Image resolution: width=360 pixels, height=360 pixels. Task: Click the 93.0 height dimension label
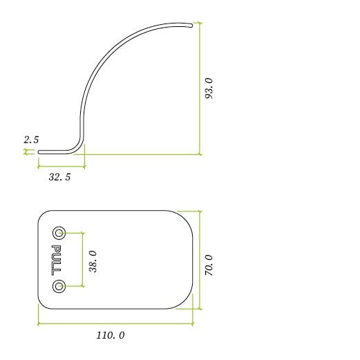(x=209, y=88)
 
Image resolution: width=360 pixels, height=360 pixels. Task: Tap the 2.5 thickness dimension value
(x=31, y=140)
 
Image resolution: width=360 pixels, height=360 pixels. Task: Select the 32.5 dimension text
(x=59, y=177)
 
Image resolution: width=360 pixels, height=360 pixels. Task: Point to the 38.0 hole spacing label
(x=93, y=262)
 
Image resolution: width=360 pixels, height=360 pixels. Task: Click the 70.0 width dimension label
(x=209, y=265)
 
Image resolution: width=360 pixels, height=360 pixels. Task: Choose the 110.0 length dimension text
(x=111, y=335)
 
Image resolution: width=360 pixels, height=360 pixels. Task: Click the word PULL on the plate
(x=56, y=260)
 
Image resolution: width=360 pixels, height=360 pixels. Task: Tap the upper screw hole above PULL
(x=59, y=233)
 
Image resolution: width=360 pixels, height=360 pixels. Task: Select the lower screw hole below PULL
(x=59, y=287)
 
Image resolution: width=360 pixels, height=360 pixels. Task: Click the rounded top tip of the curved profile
(x=191, y=25)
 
